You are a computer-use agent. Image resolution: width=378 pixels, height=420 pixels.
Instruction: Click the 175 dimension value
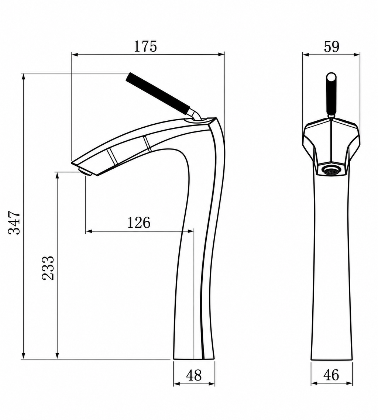[145, 47]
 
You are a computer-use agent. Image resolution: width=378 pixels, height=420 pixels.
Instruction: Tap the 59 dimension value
[331, 47]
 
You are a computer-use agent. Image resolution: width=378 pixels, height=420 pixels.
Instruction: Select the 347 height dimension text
[14, 223]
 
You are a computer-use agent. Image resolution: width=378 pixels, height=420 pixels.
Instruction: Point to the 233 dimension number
[48, 268]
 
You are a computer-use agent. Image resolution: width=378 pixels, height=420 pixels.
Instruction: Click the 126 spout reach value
[139, 223]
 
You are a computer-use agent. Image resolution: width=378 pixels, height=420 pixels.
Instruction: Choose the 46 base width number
[331, 375]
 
